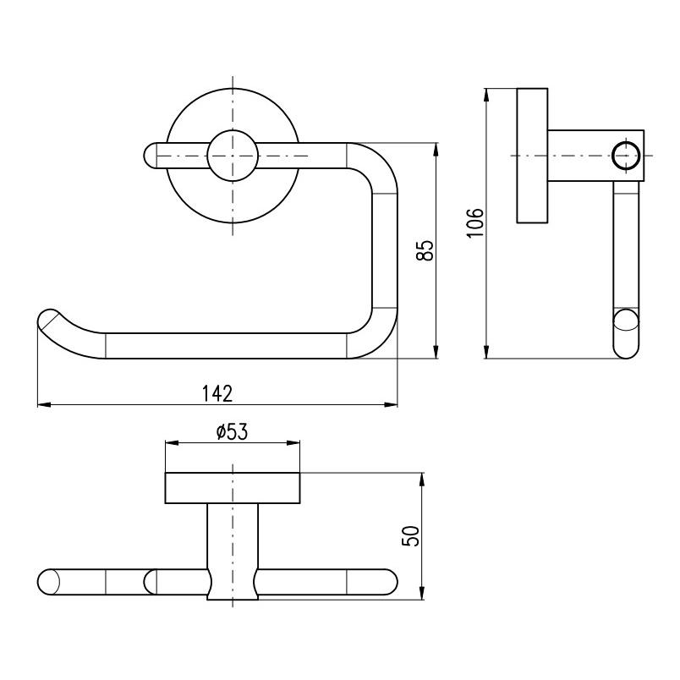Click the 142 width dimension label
[x=217, y=393]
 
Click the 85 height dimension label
[x=425, y=250]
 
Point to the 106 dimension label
[x=474, y=222]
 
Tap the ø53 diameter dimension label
[x=232, y=431]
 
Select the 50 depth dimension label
[x=411, y=536]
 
